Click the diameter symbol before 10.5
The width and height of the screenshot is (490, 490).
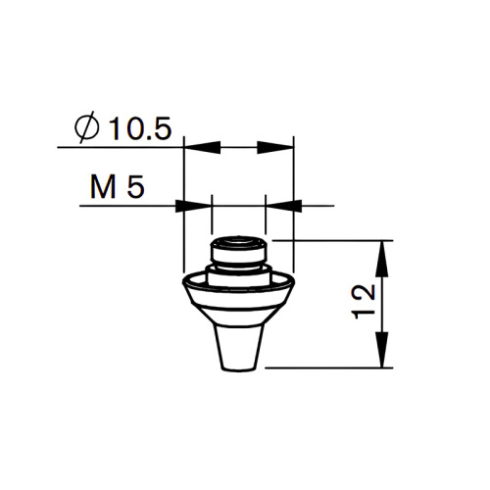tap(86, 127)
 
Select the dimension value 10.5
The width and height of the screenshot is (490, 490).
tap(140, 128)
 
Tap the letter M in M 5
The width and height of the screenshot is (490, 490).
tap(103, 187)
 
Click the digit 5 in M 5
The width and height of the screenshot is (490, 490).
tap(135, 187)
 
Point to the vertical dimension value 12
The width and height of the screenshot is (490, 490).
tap(364, 302)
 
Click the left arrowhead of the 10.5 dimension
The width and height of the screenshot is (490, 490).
tap(203, 147)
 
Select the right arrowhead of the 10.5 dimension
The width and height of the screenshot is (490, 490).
tap(275, 147)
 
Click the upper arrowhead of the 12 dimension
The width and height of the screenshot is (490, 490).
tap(382, 259)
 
